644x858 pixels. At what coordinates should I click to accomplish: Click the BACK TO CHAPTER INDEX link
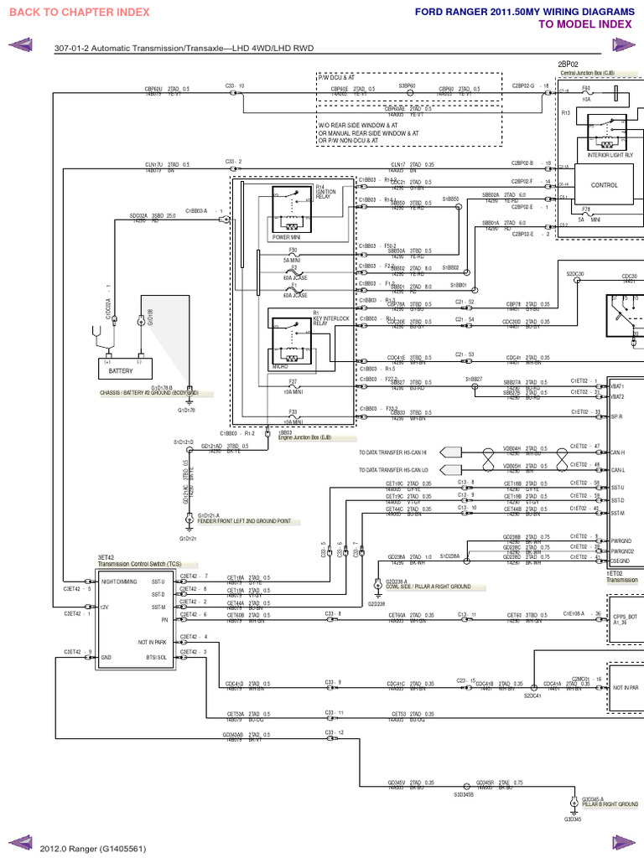coord(80,12)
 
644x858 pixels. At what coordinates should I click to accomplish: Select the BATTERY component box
coord(121,370)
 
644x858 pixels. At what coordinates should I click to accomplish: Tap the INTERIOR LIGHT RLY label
coord(611,155)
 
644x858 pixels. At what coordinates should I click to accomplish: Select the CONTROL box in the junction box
coord(604,185)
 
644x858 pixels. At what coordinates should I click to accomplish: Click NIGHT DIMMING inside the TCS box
coord(118,581)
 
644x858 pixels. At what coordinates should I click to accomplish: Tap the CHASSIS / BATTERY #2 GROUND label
coord(149,392)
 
